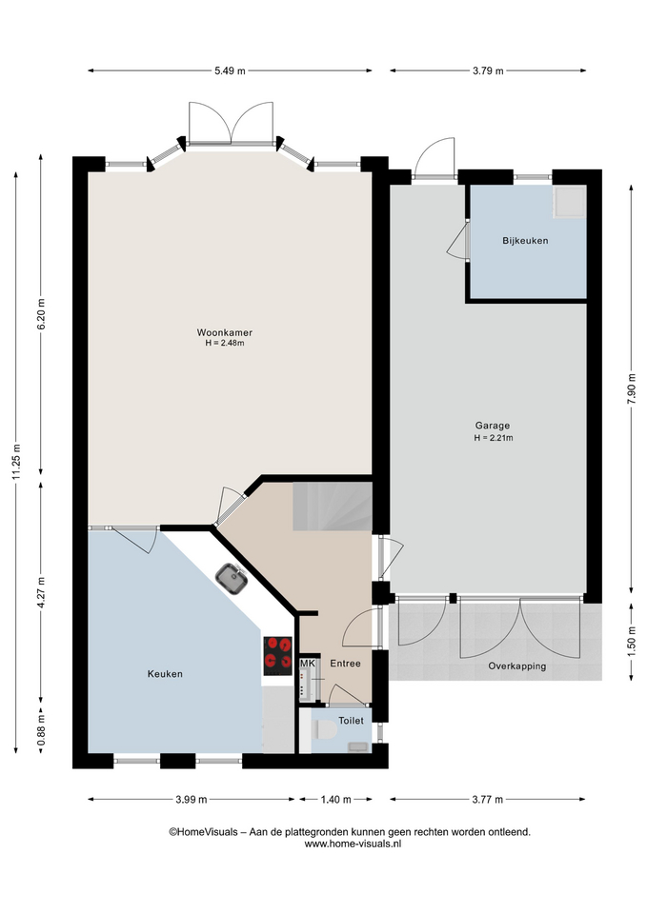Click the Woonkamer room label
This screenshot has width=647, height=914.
tap(225, 333)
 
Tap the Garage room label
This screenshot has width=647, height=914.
tap(493, 426)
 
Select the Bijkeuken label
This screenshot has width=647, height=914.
tap(525, 240)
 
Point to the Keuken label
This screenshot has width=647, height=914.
tap(165, 674)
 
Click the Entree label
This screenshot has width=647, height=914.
tap(345, 664)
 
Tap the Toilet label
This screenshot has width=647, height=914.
tap(352, 721)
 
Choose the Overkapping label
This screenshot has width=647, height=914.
tap(517, 666)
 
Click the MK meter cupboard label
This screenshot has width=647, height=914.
tap(308, 664)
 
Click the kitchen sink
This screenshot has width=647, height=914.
tap(232, 579)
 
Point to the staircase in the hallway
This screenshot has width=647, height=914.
tap(333, 506)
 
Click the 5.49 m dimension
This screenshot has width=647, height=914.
tap(230, 70)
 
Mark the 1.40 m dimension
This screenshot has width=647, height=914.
tap(336, 799)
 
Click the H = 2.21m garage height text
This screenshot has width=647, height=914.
tap(494, 438)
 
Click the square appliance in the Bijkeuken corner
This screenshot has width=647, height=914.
tap(570, 202)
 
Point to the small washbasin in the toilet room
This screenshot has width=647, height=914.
tap(357, 746)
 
